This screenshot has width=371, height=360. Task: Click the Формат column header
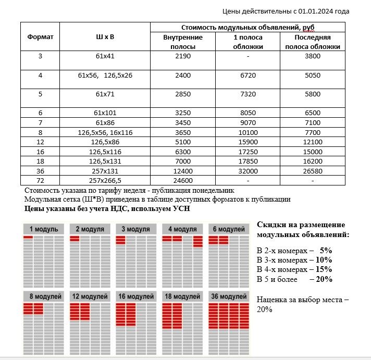pos(40,37)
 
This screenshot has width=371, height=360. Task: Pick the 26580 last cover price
pos(312,171)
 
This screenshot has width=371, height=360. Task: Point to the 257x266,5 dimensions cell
pos(105,181)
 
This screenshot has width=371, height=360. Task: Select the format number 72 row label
pos(40,181)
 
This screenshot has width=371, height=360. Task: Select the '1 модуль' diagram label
pos(43,229)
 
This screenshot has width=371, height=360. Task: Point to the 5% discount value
pos(326,250)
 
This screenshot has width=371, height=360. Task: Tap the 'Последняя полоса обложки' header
pos(312,42)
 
